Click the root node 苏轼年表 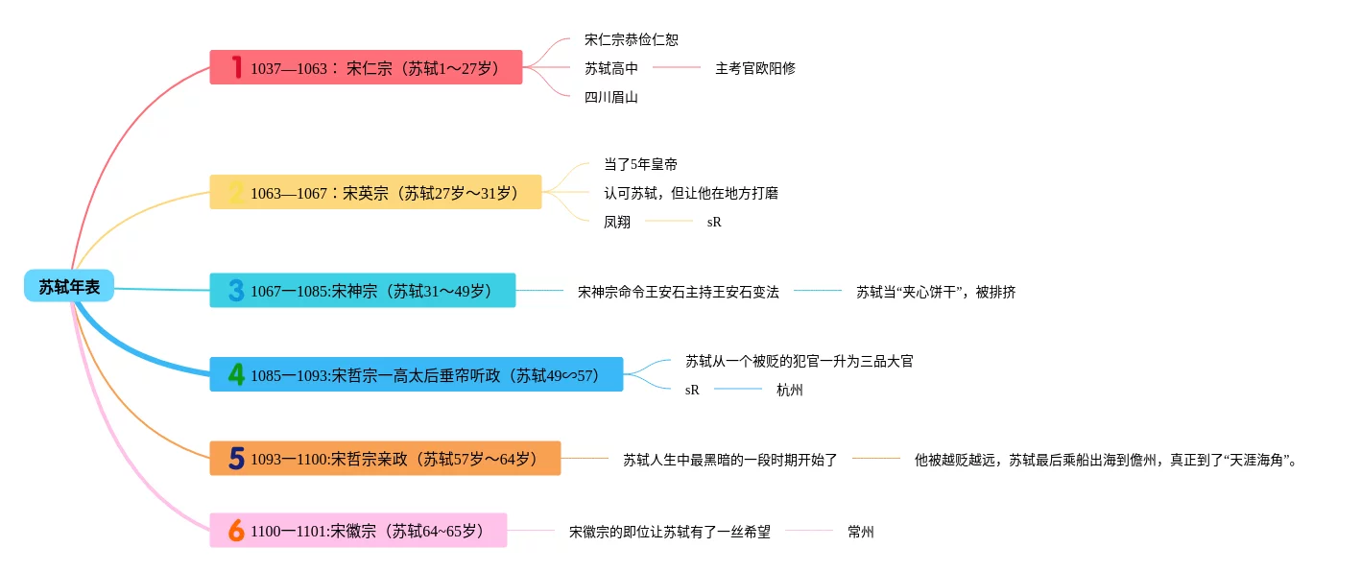point(69,286)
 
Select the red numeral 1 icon point(235,67)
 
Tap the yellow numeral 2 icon point(236,193)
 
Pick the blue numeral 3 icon point(236,290)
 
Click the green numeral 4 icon point(236,374)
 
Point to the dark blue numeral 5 point(236,459)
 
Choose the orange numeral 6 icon point(236,530)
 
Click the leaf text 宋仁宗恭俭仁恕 point(631,40)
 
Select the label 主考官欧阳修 point(754,68)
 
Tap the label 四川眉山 point(610,97)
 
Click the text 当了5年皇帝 point(640,164)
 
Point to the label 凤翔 point(617,222)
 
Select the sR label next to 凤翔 point(714,222)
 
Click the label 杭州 point(789,390)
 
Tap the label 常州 point(860,532)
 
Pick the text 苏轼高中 point(610,68)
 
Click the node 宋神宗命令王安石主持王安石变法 point(678,292)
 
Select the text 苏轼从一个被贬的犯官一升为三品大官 point(799,361)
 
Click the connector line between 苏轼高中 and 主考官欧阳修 point(677,68)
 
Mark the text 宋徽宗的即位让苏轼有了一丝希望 point(669,532)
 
